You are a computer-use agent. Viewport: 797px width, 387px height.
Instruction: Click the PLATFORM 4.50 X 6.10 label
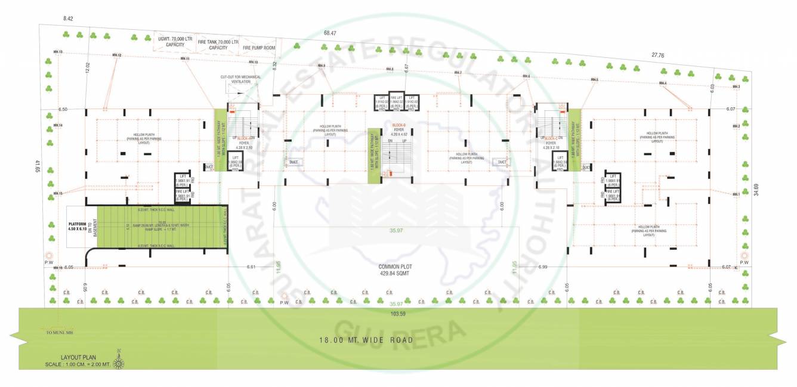point(78,227)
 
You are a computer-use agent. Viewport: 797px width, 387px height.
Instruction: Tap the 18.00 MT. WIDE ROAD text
point(366,340)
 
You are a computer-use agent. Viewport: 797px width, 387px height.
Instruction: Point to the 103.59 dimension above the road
point(398,314)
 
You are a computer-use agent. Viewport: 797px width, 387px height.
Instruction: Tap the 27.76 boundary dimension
point(658,55)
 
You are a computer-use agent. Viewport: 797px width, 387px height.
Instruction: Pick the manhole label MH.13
point(58,52)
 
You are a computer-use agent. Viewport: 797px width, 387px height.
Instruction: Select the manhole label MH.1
point(736,194)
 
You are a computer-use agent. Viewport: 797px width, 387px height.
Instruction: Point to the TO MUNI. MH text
point(59,332)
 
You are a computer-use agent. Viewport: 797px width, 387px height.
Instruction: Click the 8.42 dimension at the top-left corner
point(68,19)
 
